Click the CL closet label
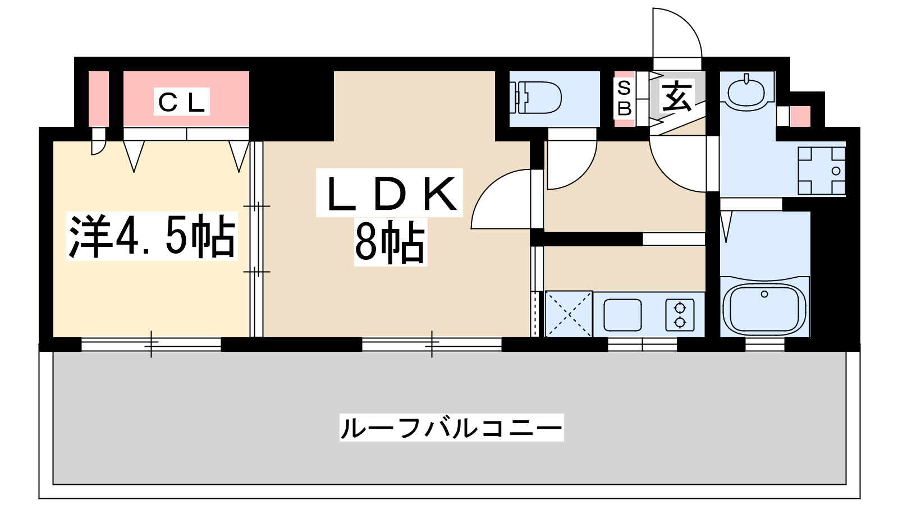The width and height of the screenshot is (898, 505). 181,102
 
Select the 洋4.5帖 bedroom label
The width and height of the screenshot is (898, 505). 152,237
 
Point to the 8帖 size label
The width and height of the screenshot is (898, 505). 390,242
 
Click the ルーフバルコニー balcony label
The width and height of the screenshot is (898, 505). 451,428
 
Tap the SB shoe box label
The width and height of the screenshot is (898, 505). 624,98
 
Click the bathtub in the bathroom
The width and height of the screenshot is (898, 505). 764,308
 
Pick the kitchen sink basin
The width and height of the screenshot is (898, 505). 622,315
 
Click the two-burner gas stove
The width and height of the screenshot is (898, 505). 680,315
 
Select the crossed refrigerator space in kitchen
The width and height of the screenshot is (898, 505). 569,314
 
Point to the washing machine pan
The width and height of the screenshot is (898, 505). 822,171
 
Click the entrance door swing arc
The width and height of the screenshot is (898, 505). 678,34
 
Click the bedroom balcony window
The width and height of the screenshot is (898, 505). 151,343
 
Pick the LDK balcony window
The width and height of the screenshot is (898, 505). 431,343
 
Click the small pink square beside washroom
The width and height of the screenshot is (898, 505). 800,116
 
